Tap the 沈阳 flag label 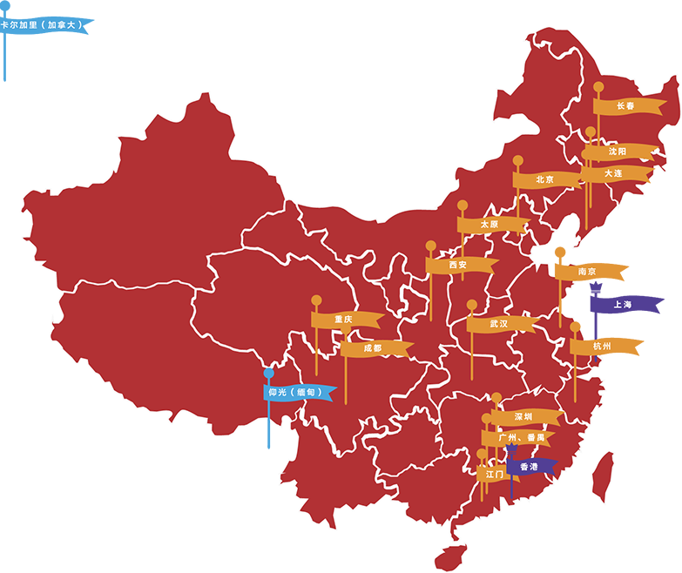coord(618,152)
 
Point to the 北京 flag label coord(545,180)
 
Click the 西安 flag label coord(459,265)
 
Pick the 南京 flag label coord(588,272)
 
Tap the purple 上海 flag coord(624,305)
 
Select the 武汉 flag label coord(499,324)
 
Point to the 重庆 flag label coord(345,320)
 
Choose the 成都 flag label coord(374,348)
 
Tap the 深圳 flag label coord(524,417)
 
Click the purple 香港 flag coord(530,467)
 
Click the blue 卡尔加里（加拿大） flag coord(45,25)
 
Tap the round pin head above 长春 coord(598,86)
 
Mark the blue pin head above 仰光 coord(269,373)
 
